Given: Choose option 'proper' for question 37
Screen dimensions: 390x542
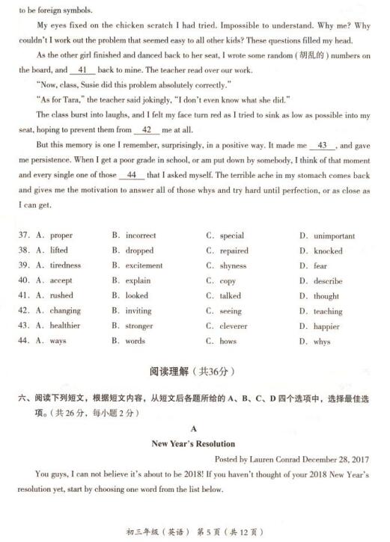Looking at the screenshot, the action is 61,236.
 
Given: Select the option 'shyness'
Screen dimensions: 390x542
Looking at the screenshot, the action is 233,266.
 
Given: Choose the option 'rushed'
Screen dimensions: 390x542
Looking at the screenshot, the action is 61,296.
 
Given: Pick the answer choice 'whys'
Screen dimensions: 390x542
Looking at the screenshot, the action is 322,342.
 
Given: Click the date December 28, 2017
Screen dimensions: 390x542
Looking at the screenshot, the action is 338,459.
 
